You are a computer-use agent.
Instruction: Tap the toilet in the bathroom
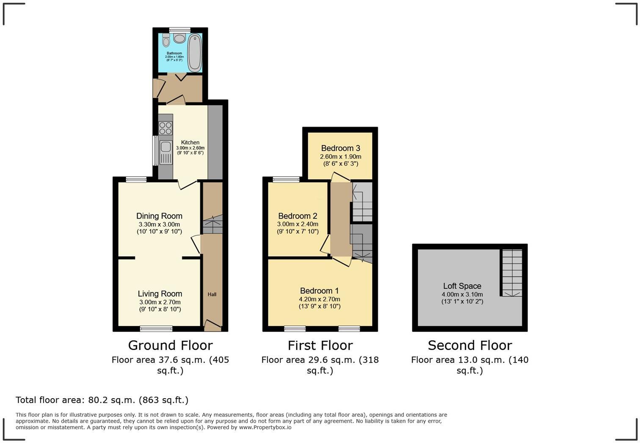[x=166, y=41]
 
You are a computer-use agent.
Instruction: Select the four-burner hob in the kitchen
[x=166, y=127]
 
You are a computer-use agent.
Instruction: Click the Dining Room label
[x=159, y=216]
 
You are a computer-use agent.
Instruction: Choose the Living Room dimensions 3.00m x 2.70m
[x=160, y=302]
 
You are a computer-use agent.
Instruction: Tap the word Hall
[x=212, y=294]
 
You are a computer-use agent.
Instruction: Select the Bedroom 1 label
[x=319, y=291]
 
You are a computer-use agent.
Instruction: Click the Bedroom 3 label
[x=340, y=148]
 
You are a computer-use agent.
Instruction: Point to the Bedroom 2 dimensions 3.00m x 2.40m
[x=298, y=224]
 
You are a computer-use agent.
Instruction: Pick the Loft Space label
[x=462, y=286]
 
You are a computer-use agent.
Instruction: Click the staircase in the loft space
[x=512, y=273]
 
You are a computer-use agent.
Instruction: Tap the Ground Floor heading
[x=170, y=345]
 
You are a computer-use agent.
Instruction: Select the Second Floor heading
[x=469, y=345]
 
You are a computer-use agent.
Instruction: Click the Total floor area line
[x=102, y=400]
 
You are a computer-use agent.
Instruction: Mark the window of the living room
[x=156, y=328]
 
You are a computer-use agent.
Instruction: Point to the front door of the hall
[x=212, y=325]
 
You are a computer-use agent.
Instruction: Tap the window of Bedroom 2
[x=286, y=180]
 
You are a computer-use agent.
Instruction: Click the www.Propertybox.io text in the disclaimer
[x=265, y=427]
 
